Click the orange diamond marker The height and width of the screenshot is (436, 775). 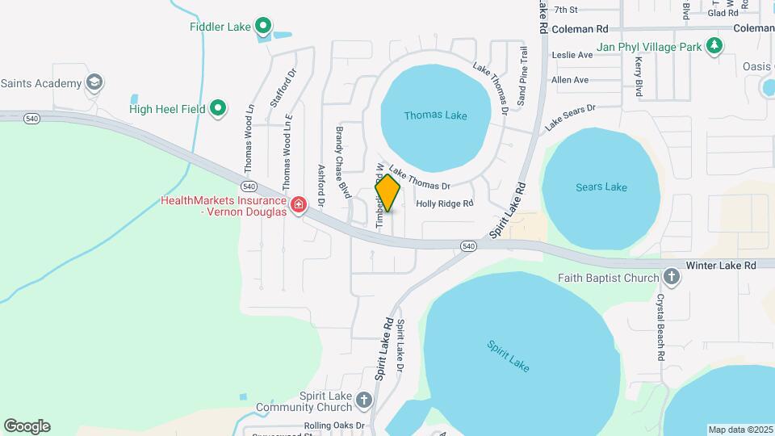387,193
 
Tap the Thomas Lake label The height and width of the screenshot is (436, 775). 435,115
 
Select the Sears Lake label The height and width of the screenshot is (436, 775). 601,187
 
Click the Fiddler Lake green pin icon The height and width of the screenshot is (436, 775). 263,27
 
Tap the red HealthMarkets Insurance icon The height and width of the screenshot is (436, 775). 299,205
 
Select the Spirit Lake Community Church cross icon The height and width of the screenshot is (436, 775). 364,400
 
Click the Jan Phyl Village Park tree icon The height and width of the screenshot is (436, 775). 714,47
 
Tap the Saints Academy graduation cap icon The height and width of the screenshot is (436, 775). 94,83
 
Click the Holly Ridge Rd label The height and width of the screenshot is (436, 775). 444,204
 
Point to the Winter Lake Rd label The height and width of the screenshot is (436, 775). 721,265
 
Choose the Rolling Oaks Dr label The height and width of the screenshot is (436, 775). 334,426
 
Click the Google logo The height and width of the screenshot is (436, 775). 27,426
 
